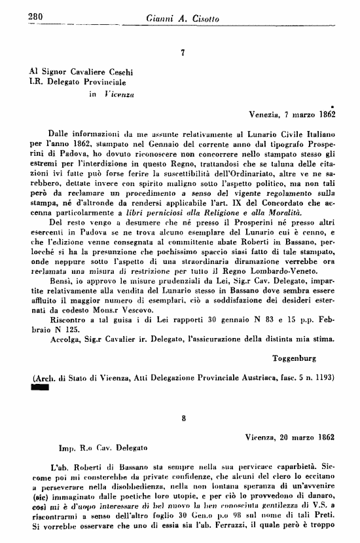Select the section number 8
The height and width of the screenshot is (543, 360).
[x=183, y=417]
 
